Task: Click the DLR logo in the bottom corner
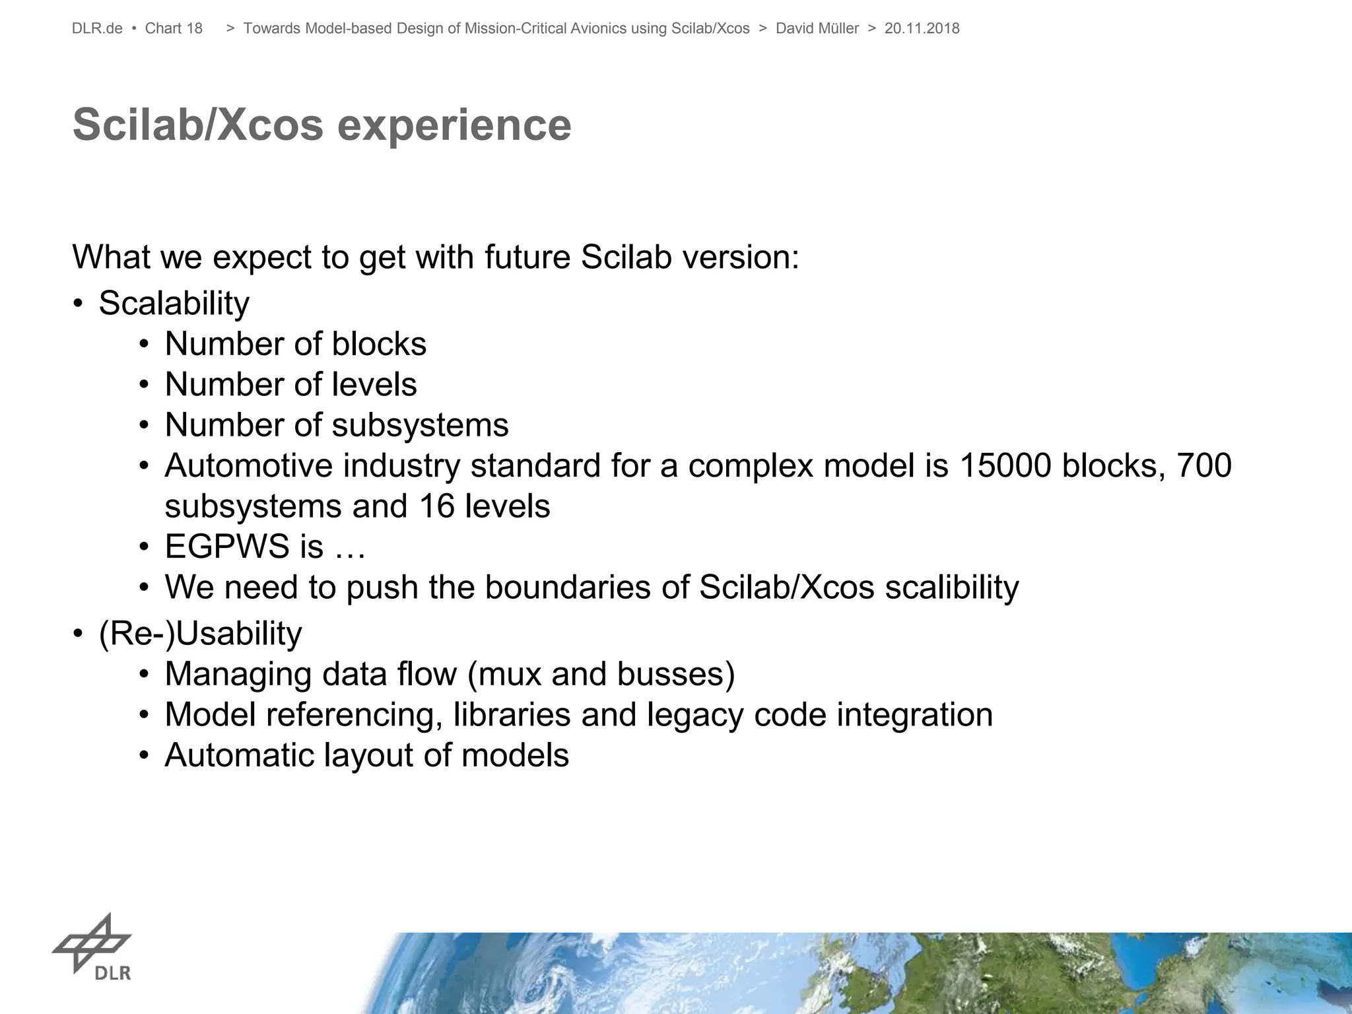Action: point(92,946)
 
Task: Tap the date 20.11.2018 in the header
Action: point(922,28)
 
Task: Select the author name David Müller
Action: point(817,28)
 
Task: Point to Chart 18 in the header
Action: point(174,28)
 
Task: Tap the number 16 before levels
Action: point(436,506)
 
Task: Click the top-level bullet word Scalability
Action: point(174,304)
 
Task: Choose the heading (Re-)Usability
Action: point(200,634)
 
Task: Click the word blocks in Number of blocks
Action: point(379,344)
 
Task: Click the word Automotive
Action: point(248,465)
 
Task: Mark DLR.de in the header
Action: point(97,28)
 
